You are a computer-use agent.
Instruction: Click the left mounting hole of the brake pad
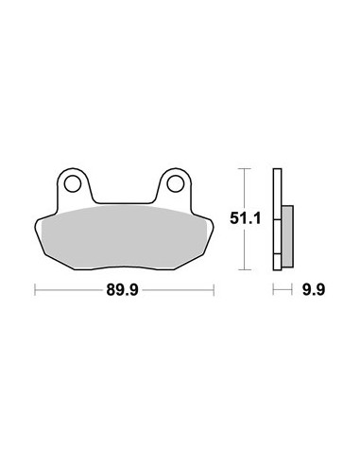(x=73, y=183)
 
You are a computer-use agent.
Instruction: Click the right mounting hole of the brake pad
(x=176, y=183)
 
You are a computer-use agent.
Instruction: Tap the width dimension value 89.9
(x=123, y=290)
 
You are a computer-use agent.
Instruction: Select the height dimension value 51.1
(x=246, y=218)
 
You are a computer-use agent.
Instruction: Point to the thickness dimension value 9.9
(x=314, y=290)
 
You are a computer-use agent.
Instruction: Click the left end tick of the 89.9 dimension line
(x=35, y=290)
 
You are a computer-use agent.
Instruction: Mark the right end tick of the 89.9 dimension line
(x=214, y=290)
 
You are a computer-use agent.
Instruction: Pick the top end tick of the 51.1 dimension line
(x=245, y=169)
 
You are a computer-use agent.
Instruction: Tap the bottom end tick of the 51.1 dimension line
(x=245, y=269)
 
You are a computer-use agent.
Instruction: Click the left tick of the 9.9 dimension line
(x=273, y=289)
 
